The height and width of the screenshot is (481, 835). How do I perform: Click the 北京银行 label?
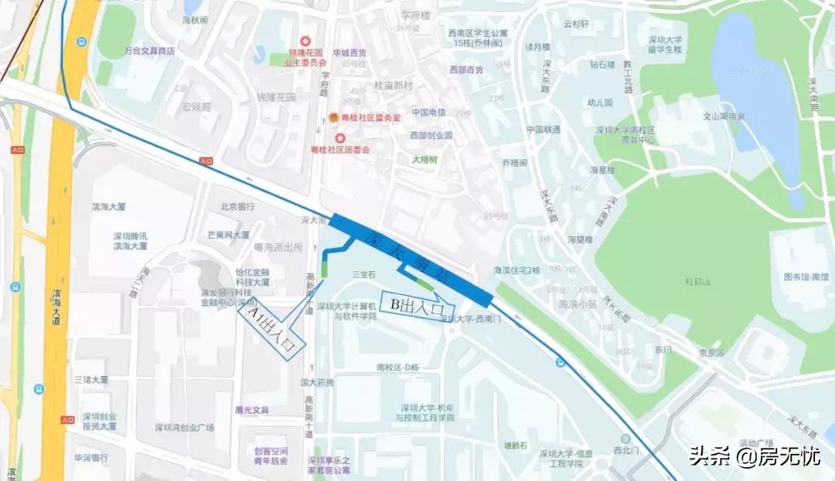pyautogui.click(x=237, y=207)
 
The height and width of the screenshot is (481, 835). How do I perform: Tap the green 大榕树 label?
pyautogui.click(x=423, y=160)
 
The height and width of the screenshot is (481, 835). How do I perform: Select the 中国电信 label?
pyautogui.click(x=428, y=112)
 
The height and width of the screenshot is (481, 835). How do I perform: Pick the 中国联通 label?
pyautogui.click(x=544, y=129)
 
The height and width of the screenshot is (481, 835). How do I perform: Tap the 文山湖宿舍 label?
pyautogui.click(x=723, y=117)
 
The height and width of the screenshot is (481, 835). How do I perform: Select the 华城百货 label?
pyautogui.click(x=349, y=53)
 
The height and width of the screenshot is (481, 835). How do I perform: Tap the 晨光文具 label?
pyautogui.click(x=251, y=410)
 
